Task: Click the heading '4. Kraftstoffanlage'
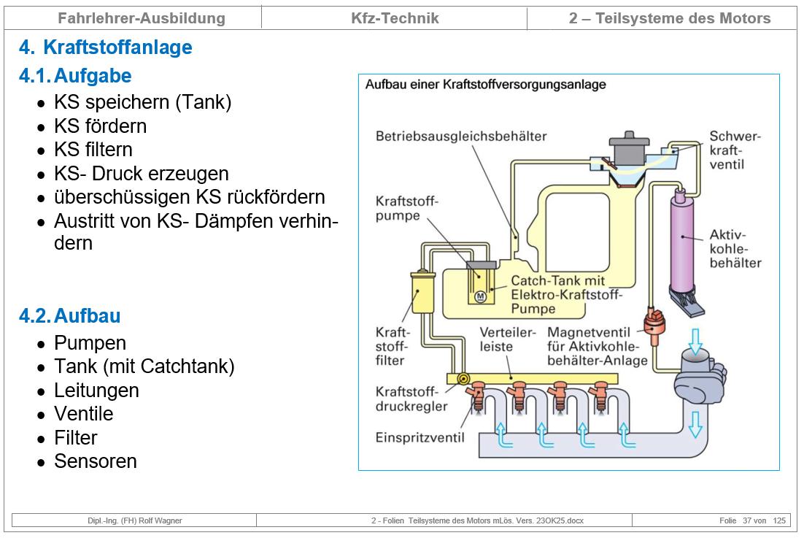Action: click(x=106, y=48)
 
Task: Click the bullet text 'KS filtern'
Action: click(x=93, y=150)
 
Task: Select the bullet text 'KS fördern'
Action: click(x=100, y=126)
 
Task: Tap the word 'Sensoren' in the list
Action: click(x=95, y=461)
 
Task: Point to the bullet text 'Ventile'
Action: click(x=83, y=414)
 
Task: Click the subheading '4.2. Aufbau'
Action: click(x=70, y=316)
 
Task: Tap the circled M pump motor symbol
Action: click(x=480, y=296)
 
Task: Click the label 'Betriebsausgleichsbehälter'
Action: click(x=461, y=137)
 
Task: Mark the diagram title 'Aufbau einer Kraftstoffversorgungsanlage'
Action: click(x=485, y=85)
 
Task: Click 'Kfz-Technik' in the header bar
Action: click(x=395, y=18)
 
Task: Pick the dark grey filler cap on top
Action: click(x=630, y=148)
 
